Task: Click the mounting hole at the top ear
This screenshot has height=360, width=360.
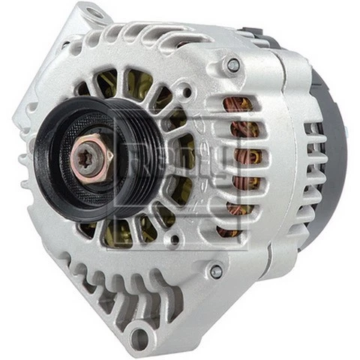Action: point(95,13)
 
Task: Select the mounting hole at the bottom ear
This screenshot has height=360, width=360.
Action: point(140,337)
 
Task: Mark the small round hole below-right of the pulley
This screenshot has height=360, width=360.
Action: point(174,240)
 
